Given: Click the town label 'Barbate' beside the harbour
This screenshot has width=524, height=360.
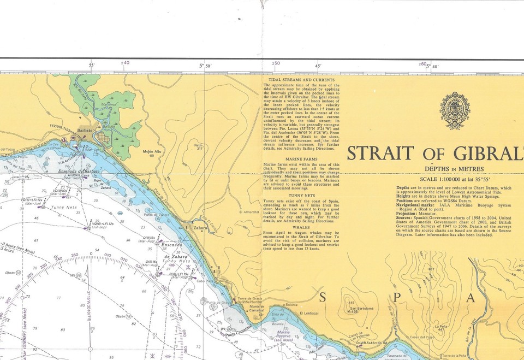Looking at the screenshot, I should click(85, 132).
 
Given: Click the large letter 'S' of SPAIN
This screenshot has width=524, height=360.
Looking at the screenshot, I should click(323, 297).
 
